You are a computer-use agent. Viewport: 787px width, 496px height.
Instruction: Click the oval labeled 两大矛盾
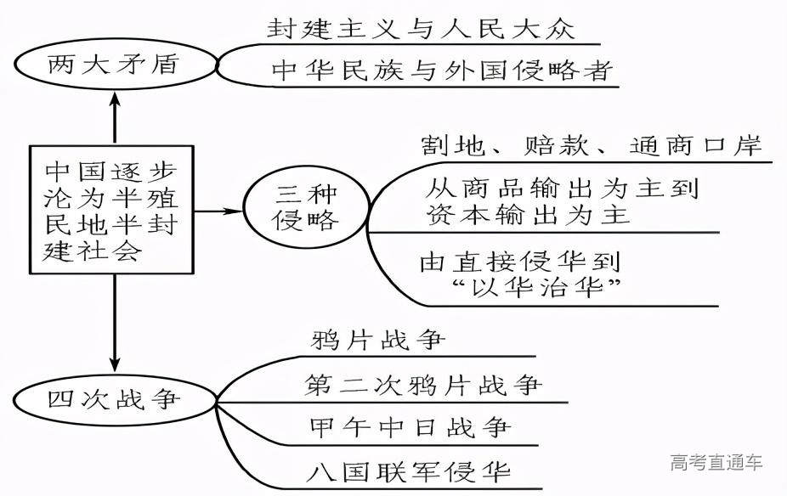113,63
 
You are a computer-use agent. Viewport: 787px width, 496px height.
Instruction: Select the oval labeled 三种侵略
305,208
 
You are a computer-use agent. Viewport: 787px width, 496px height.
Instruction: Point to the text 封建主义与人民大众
421,29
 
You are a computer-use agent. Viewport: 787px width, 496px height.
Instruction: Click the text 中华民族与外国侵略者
441,70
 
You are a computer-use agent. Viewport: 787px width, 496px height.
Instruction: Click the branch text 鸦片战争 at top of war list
374,341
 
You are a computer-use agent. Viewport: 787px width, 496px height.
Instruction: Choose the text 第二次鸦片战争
422,385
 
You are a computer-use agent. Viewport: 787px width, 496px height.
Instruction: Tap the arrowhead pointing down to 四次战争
115,361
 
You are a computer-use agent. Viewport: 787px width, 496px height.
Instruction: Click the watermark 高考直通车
716,463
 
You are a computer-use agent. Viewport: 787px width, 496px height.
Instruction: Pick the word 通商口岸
695,144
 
